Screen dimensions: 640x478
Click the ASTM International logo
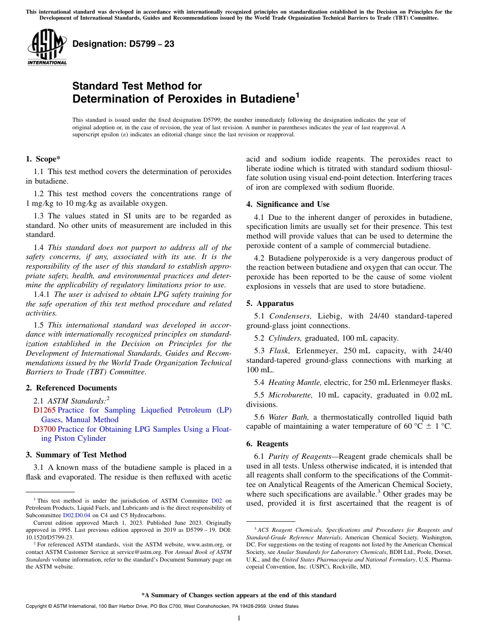coord(47,48)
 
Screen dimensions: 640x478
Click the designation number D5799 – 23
coord(123,44)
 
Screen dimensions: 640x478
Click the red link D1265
coord(44,410)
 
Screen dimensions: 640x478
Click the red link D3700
coord(44,429)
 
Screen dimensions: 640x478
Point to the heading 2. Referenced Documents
coord(71,388)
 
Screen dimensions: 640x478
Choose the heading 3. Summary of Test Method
coord(76,455)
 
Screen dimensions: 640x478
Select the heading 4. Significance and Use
coord(288,204)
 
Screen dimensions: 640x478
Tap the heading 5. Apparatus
coord(270,303)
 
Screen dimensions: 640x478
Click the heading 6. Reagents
coord(267,444)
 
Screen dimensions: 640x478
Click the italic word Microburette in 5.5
coord(290,395)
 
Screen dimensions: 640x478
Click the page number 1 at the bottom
coord(239,618)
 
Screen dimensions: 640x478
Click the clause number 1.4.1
coord(42,294)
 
